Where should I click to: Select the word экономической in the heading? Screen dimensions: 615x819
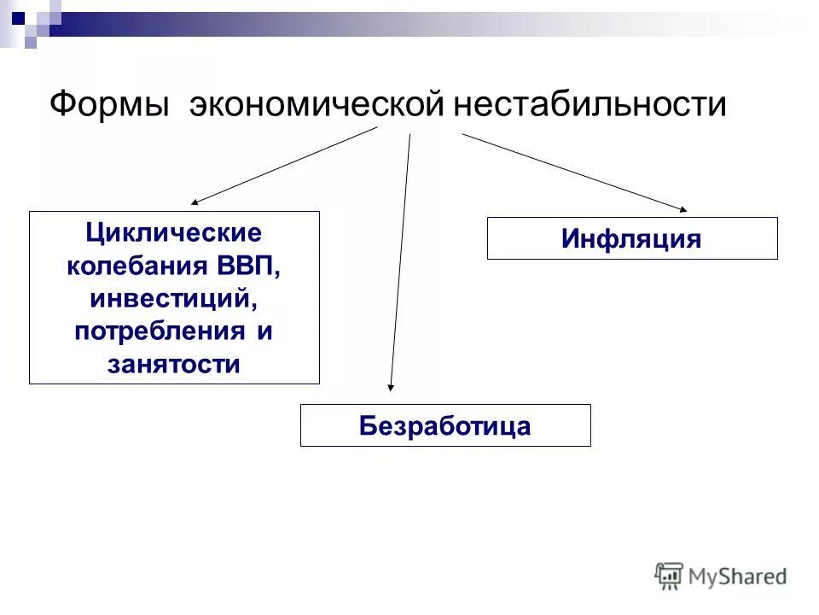click(317, 106)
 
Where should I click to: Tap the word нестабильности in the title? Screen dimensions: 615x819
click(590, 106)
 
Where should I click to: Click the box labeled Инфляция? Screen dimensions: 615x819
click(631, 238)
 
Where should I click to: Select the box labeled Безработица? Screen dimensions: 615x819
click(444, 425)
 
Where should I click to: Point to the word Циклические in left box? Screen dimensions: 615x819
click(174, 232)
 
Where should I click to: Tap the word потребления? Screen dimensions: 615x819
click(158, 331)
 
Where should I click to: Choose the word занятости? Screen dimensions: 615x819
click(174, 364)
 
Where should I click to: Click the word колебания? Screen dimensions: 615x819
click(133, 265)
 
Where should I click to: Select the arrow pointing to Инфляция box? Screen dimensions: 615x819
click(573, 171)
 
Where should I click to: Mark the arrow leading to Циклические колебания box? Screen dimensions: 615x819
click(284, 166)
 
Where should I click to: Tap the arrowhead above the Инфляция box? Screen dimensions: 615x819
click(682, 208)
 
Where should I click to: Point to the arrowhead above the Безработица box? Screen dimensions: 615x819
click(391, 387)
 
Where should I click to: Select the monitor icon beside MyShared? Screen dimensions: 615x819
click(670, 575)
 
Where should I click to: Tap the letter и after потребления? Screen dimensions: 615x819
click(265, 331)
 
